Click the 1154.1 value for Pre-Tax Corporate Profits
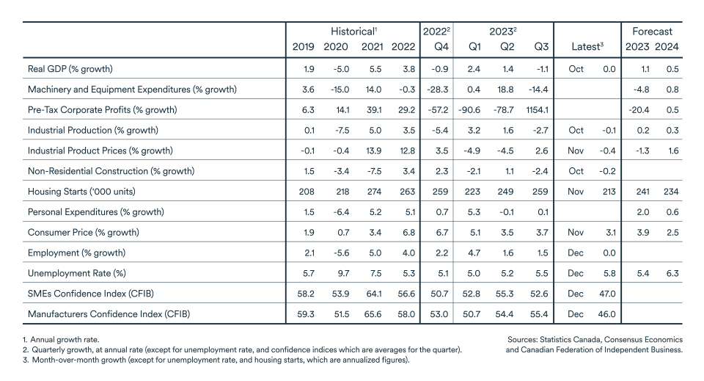[x=536, y=110]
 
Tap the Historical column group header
[x=353, y=32]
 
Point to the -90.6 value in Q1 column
[x=471, y=110]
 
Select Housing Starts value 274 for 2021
[x=372, y=192]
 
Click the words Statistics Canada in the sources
[x=579, y=340]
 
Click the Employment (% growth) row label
[x=76, y=253]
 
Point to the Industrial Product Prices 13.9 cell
[x=372, y=150]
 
